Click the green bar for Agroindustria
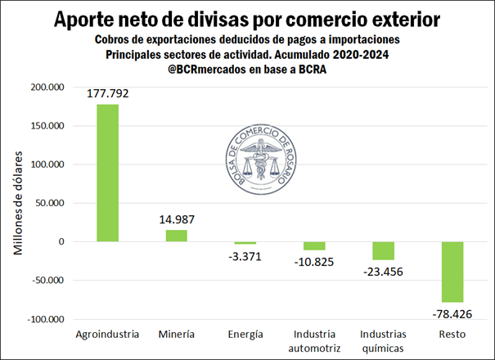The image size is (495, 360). tap(107, 173)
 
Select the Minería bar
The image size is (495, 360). tap(176, 236)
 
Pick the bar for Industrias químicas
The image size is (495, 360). tap(382, 250)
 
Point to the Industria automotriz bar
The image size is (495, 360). tap(313, 245)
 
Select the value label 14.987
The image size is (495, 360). tap(176, 219)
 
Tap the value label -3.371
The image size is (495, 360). tap(245, 256)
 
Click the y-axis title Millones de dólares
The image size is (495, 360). tap(18, 204)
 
